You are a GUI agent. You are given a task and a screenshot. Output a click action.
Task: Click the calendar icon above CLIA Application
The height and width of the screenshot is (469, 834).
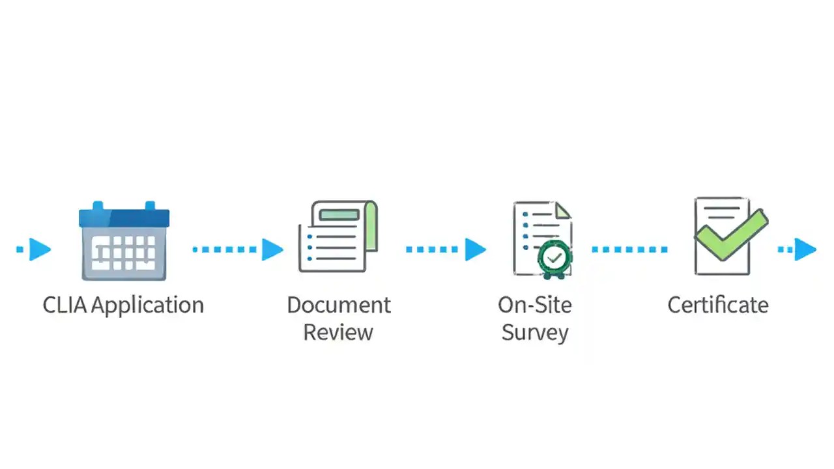click(124, 242)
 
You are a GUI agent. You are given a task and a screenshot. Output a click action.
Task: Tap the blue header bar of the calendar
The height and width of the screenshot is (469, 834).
click(124, 218)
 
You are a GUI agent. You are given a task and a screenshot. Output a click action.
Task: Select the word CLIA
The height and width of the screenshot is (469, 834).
click(65, 305)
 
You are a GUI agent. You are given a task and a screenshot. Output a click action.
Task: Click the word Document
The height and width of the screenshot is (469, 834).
click(339, 305)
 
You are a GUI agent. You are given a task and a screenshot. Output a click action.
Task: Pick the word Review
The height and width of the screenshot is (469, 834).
click(338, 332)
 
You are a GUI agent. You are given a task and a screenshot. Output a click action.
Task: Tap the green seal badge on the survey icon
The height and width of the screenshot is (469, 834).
click(554, 259)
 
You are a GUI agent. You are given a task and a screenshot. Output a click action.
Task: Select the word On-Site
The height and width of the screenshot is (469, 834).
click(534, 305)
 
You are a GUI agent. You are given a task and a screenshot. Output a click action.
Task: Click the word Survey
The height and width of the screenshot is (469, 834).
click(535, 332)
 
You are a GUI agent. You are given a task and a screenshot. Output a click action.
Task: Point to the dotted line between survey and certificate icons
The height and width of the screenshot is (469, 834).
click(629, 249)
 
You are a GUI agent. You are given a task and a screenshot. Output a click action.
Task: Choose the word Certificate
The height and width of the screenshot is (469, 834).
click(718, 305)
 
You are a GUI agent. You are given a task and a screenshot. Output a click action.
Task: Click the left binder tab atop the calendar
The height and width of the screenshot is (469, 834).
click(98, 206)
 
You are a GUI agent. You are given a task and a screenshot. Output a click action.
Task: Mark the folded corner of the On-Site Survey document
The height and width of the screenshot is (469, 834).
click(564, 210)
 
